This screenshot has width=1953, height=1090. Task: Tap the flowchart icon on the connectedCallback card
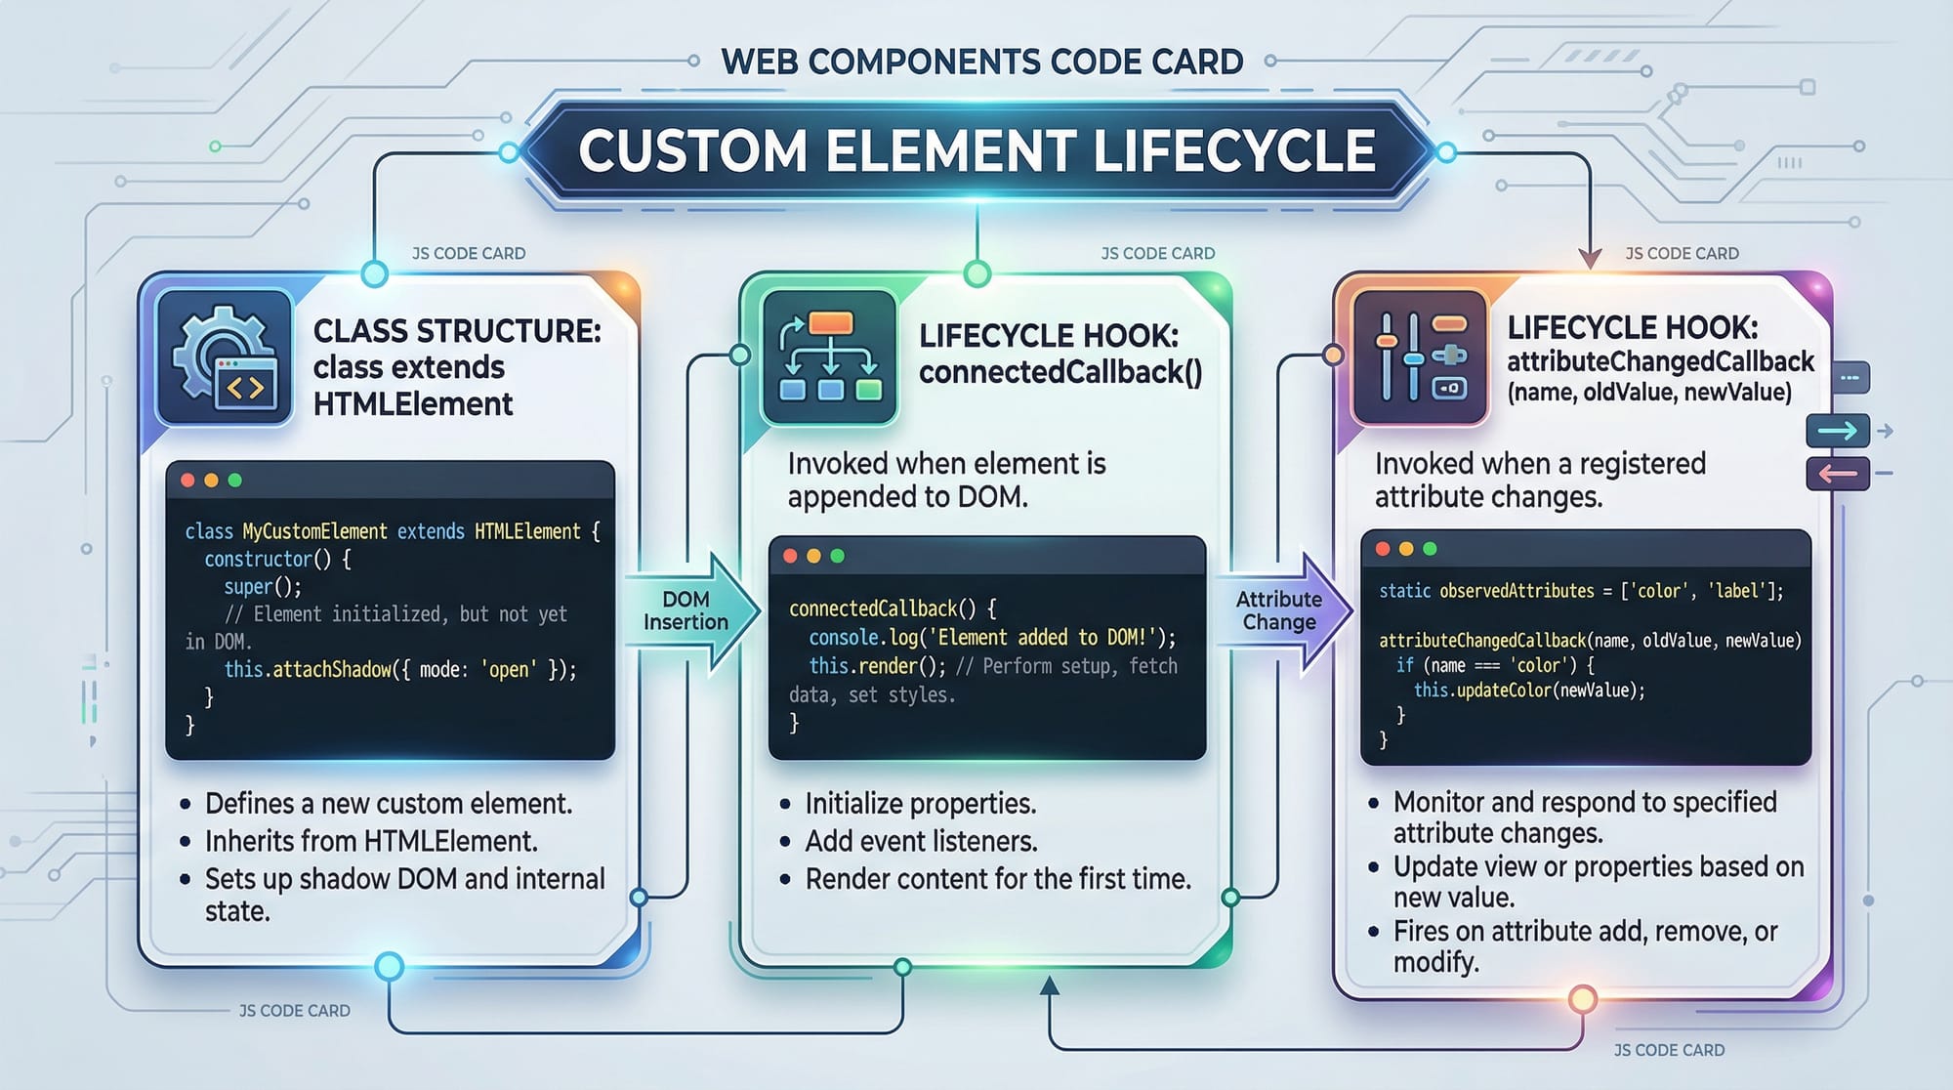[829, 357]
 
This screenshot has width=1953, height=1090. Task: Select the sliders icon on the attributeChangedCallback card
[1421, 357]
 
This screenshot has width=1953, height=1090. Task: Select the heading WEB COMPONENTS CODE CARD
[981, 63]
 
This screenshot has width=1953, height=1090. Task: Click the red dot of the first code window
[187, 481]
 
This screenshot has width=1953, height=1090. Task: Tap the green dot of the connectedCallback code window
[837, 556]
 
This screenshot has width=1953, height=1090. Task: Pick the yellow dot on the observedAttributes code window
[1406, 549]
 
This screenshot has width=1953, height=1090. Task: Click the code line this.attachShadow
[399, 670]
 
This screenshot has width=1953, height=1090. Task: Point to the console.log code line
[991, 638]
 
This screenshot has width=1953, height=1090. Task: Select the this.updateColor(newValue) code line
[1528, 691]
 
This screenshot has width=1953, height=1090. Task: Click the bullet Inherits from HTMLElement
[370, 841]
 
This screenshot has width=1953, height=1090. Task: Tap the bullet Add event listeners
[921, 841]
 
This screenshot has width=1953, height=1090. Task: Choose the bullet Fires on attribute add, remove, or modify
[1584, 946]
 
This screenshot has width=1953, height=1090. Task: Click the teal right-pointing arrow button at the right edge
[1837, 431]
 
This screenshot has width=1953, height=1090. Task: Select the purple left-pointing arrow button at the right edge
[1837, 474]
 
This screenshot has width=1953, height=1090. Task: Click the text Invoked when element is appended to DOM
[945, 480]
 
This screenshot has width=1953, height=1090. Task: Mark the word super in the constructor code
[247, 587]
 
